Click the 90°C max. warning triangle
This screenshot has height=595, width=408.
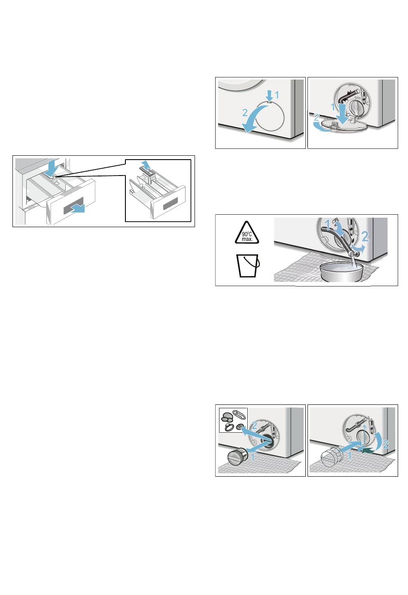coord(247,233)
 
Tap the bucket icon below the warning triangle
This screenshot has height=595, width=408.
coord(248,265)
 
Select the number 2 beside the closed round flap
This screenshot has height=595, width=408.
coord(245,113)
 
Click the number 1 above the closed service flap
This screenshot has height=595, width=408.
coord(277,95)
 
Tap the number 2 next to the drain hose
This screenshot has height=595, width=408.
coord(365,236)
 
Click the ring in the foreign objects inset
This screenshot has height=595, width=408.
coord(228,427)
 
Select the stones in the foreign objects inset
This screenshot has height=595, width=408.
coord(227,416)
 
